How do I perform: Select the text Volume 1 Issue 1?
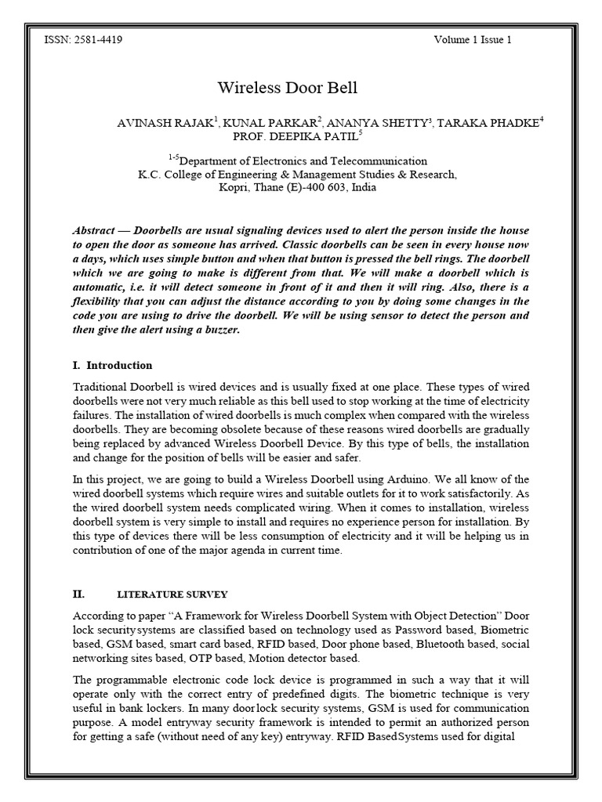tap(472, 39)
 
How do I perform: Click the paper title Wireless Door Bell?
tap(286, 88)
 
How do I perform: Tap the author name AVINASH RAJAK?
tap(163, 123)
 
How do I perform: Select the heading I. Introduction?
tap(112, 366)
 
